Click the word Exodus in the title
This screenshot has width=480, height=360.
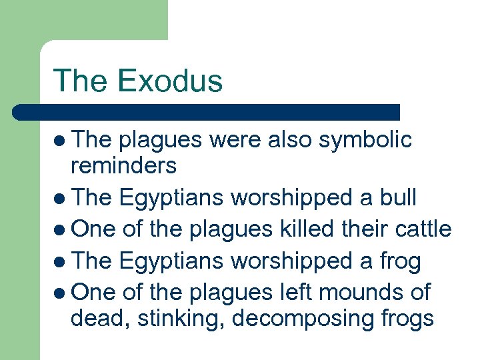tap(169, 81)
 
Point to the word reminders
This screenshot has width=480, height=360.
tap(123, 165)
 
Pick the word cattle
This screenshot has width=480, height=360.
tap(419, 229)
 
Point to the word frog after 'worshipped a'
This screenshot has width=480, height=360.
tap(397, 260)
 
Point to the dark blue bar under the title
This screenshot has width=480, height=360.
tap(206, 112)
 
